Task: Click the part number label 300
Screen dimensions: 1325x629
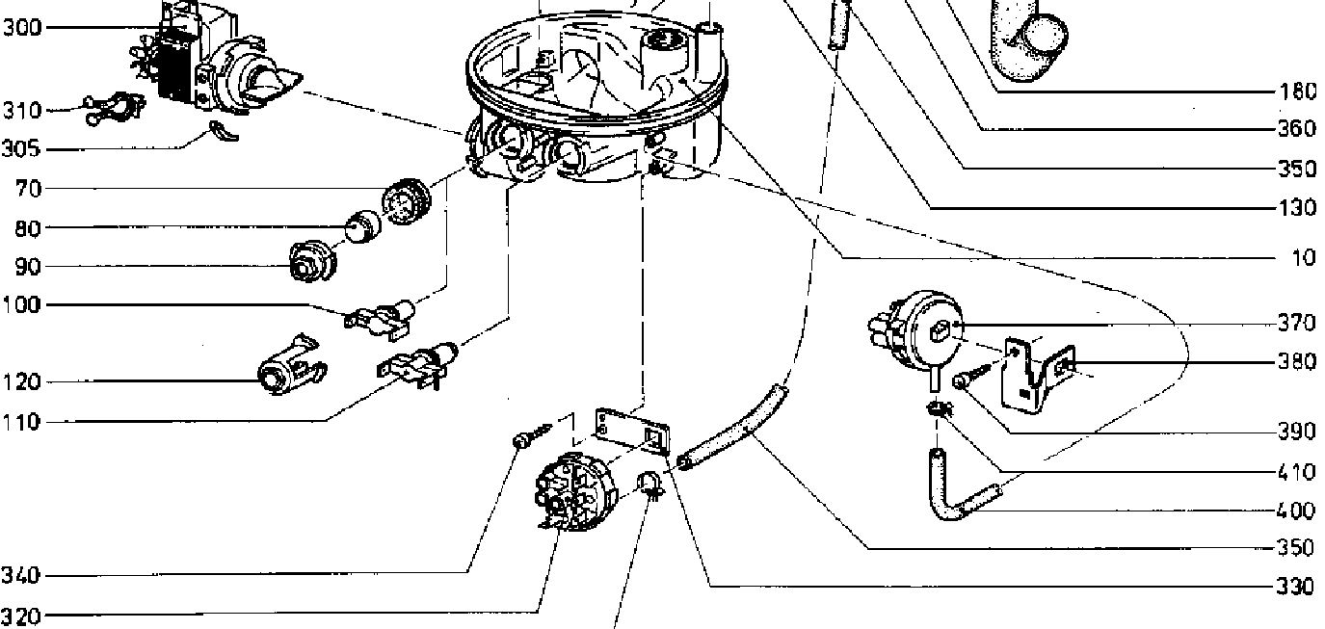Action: coord(21,28)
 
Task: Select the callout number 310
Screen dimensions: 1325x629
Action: coord(21,111)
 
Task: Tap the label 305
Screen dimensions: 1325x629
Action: coord(21,149)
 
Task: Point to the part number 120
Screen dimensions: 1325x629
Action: coord(21,382)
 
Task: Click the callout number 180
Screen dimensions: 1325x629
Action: coord(1298,92)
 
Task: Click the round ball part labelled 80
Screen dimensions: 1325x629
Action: coord(358,226)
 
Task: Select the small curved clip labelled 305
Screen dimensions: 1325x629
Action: coord(223,131)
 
